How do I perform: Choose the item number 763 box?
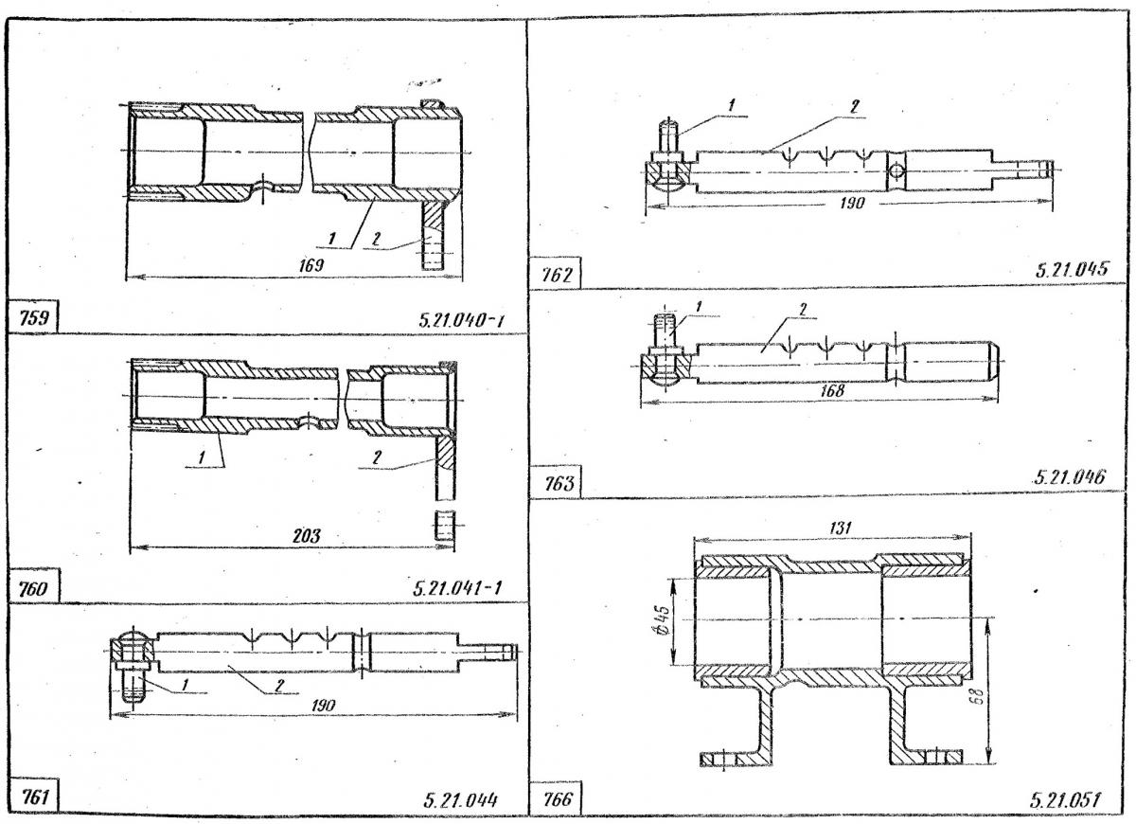tap(557, 483)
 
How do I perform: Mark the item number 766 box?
tap(557, 797)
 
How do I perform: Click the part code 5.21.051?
tap(1065, 801)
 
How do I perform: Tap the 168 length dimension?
tap(833, 390)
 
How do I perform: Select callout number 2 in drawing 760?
tap(376, 457)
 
